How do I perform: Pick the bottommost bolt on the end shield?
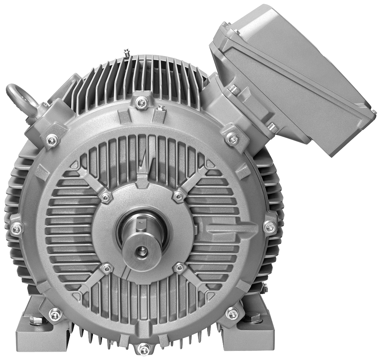click(144, 347)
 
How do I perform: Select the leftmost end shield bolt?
click(16, 229)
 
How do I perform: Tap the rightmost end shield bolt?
click(270, 227)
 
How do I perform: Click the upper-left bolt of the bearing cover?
click(106, 197)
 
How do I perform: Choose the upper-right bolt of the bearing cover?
click(178, 196)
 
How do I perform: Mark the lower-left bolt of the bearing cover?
click(107, 268)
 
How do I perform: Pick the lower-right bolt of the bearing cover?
click(179, 268)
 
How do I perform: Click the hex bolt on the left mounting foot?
click(33, 319)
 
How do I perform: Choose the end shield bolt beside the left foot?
click(55, 314)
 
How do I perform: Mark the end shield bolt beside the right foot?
click(232, 314)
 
